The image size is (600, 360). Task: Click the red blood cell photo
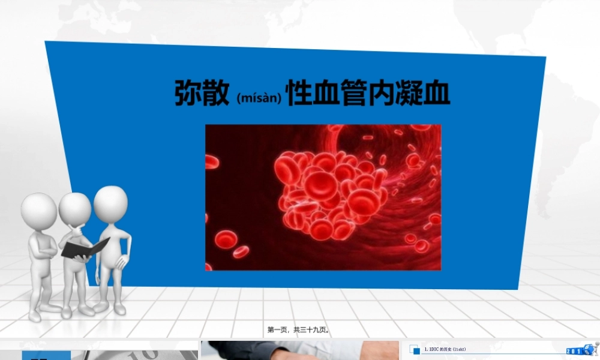[323, 197]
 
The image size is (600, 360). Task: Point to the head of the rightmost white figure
[110, 202]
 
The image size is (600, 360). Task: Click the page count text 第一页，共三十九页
[299, 329]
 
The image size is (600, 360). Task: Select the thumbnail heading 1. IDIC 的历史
[445, 349]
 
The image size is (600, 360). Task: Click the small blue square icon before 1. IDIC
[416, 350]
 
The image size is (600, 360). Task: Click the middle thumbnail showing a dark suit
[299, 350]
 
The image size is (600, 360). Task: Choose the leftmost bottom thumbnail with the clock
[99, 350]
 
